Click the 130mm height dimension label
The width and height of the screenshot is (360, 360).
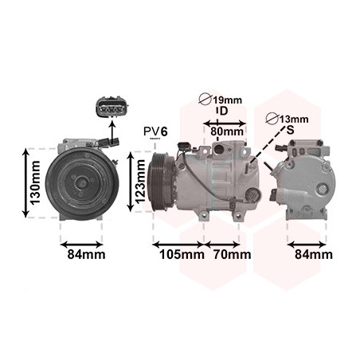(x=35, y=182)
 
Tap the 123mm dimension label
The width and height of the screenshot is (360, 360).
(x=140, y=182)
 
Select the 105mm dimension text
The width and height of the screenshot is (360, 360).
(x=182, y=255)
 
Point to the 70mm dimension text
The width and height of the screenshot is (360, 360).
(x=233, y=254)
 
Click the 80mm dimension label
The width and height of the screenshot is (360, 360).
(x=227, y=131)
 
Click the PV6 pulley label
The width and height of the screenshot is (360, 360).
(x=155, y=131)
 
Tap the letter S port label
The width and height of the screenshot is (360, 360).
(x=291, y=130)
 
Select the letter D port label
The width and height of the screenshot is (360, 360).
(x=224, y=111)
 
